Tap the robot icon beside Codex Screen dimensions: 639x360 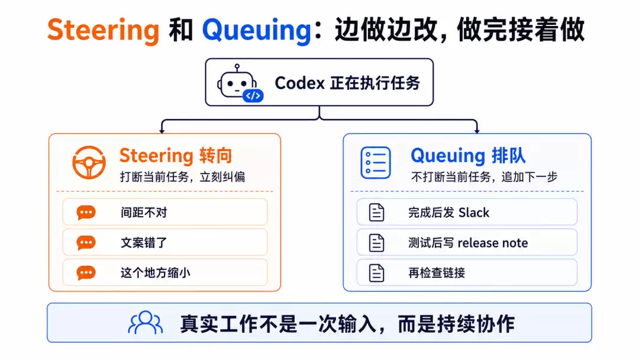click(x=240, y=83)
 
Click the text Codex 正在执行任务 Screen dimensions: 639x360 click(x=347, y=83)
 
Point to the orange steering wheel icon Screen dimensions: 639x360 click(x=89, y=162)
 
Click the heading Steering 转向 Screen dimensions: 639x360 click(x=176, y=156)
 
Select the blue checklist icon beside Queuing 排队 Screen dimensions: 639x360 click(x=375, y=163)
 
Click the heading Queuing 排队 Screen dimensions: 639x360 click(x=468, y=156)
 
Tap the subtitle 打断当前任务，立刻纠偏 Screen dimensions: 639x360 click(x=182, y=177)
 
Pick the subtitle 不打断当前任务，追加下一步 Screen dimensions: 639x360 click(x=484, y=177)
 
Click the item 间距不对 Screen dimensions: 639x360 click(x=144, y=213)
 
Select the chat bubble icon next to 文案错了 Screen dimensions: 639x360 click(x=86, y=243)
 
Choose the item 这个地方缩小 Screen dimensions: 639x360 click(x=155, y=273)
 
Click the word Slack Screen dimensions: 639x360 click(x=473, y=213)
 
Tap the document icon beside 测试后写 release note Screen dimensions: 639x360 click(x=376, y=243)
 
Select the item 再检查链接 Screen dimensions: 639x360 click(x=437, y=273)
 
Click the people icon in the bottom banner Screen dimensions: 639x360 click(x=146, y=323)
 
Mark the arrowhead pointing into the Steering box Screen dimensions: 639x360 click(x=162, y=131)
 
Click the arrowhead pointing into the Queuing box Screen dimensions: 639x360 click(x=477, y=131)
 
